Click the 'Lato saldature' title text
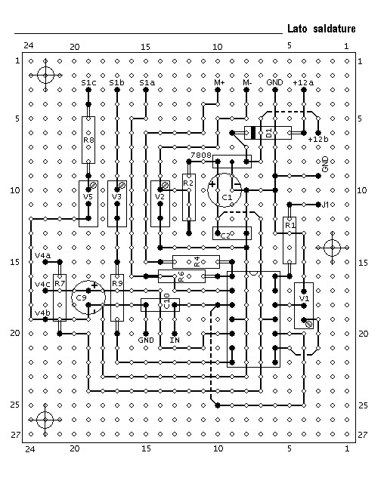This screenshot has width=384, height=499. pyautogui.click(x=321, y=29)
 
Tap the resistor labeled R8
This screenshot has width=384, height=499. pyautogui.click(x=88, y=140)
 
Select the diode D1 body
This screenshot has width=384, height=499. pyautogui.click(x=268, y=133)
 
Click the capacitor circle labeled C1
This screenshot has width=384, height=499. pyautogui.click(x=225, y=190)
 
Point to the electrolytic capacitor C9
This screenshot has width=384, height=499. pyautogui.click(x=88, y=297)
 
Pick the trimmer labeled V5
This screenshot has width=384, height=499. pyautogui.click(x=88, y=204)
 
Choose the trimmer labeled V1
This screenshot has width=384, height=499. pyautogui.click(x=304, y=306)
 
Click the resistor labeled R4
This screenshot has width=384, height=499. pyautogui.click(x=196, y=262)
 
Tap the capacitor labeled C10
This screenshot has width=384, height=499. pyautogui.click(x=160, y=305)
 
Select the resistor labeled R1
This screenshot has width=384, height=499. pyautogui.click(x=290, y=240)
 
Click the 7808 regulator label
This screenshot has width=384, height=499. pyautogui.click(x=201, y=155)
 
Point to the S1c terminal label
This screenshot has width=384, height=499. pyautogui.click(x=88, y=83)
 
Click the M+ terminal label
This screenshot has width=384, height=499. pyautogui.click(x=219, y=83)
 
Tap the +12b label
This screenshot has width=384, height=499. pyautogui.click(x=318, y=140)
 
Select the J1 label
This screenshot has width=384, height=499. pyautogui.click(x=325, y=205)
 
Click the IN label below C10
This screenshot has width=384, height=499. pyautogui.click(x=175, y=340)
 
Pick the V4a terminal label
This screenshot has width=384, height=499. pyautogui.click(x=42, y=256)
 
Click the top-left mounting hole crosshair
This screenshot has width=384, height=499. pyautogui.click(x=45, y=75)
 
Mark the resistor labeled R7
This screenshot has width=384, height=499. pyautogui.click(x=60, y=297)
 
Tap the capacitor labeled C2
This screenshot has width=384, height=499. pyautogui.click(x=231, y=233)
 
